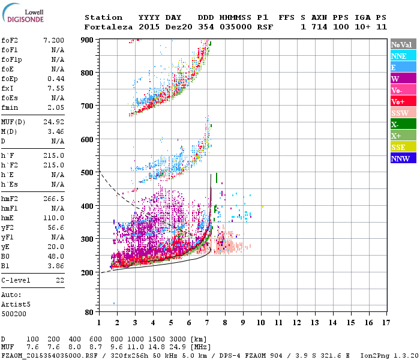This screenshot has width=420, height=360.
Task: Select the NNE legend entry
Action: [399, 56]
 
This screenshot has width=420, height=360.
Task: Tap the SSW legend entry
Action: [400, 113]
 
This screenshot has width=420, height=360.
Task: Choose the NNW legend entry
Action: [400, 158]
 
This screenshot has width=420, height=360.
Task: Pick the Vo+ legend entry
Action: [398, 101]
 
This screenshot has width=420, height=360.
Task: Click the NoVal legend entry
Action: [401, 44]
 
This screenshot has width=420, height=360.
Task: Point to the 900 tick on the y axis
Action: [88, 40]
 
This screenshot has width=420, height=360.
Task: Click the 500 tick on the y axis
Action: [88, 173]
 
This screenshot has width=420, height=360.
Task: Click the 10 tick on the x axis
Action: [261, 322]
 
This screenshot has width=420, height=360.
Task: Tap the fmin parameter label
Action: [10, 107]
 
